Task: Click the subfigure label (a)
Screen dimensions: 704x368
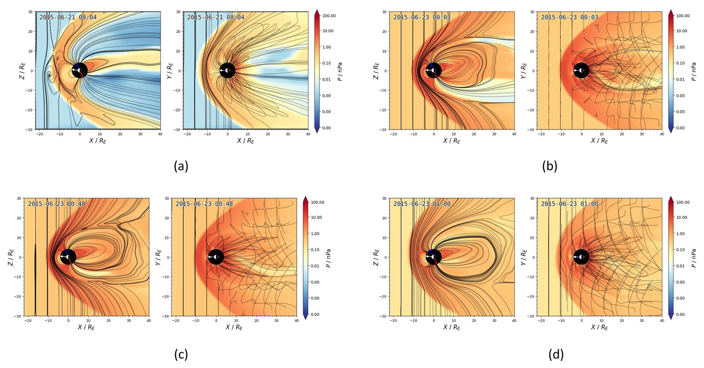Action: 181,166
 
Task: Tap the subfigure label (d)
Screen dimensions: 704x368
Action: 556,354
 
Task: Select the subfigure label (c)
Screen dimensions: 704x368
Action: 181,354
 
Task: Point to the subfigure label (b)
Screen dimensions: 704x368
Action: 550,166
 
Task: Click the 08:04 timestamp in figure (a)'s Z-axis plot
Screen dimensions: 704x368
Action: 88,17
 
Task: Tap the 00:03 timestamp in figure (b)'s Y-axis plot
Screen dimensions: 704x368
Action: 589,17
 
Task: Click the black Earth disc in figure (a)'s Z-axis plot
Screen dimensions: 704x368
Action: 80,70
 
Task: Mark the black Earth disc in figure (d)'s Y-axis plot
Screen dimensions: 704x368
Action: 582,257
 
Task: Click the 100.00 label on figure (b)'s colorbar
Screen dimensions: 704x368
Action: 683,16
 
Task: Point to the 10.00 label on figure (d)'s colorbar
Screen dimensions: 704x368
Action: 682,217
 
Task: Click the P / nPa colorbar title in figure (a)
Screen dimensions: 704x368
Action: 340,72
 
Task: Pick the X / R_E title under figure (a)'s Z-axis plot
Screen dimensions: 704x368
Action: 98,141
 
